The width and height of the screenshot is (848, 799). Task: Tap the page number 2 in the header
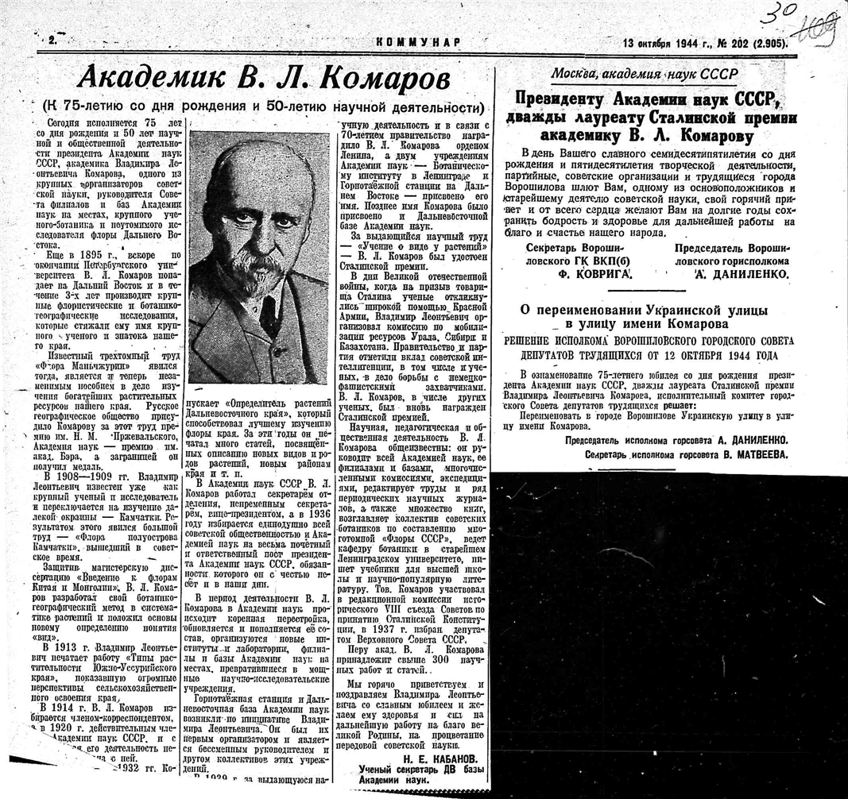coord(51,40)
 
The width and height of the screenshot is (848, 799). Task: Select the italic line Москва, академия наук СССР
coord(644,75)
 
